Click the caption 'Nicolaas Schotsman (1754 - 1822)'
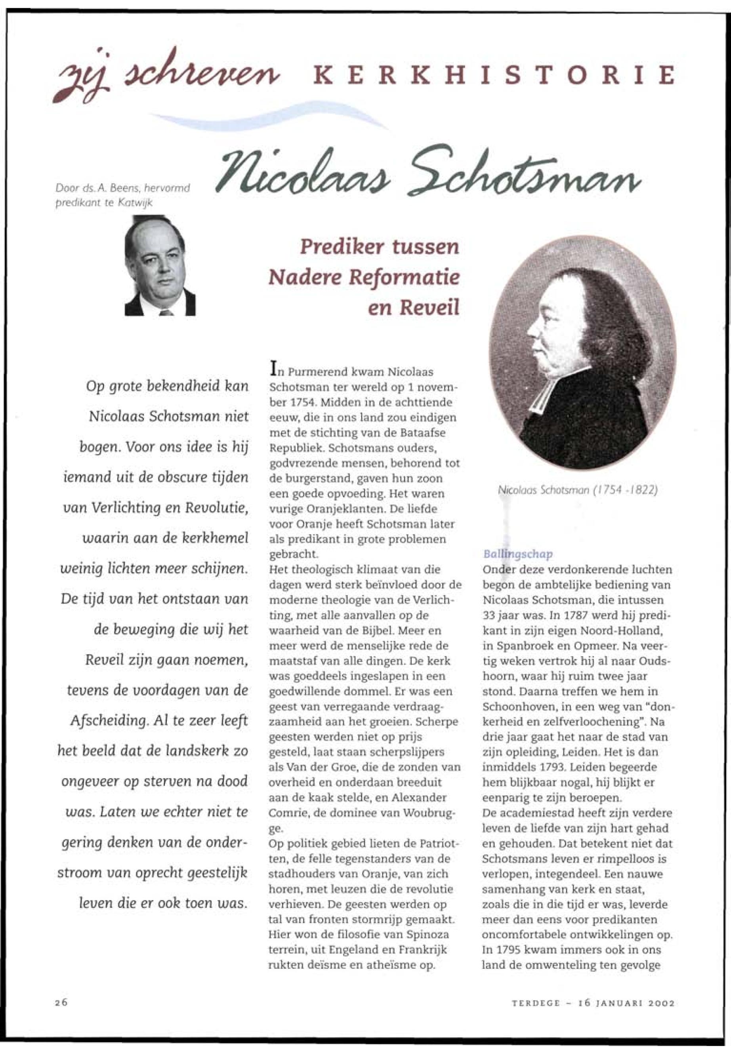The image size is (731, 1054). pos(578,491)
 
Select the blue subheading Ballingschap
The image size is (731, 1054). pos(517,554)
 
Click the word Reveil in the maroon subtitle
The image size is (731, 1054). pos(429,308)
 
